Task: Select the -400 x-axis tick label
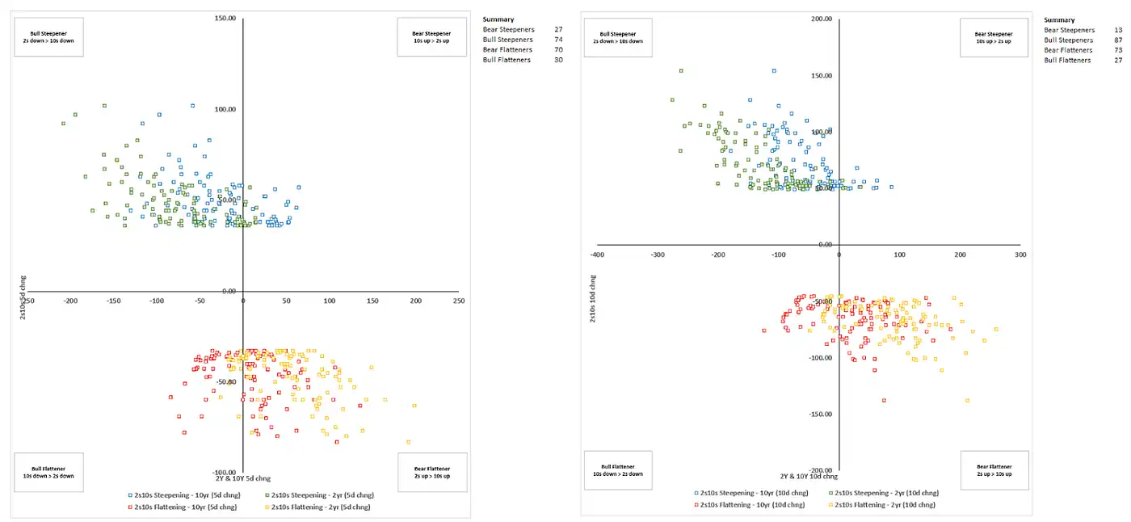597,255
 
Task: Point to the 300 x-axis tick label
1020,255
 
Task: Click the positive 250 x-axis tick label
458,301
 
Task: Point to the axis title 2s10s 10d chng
591,299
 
